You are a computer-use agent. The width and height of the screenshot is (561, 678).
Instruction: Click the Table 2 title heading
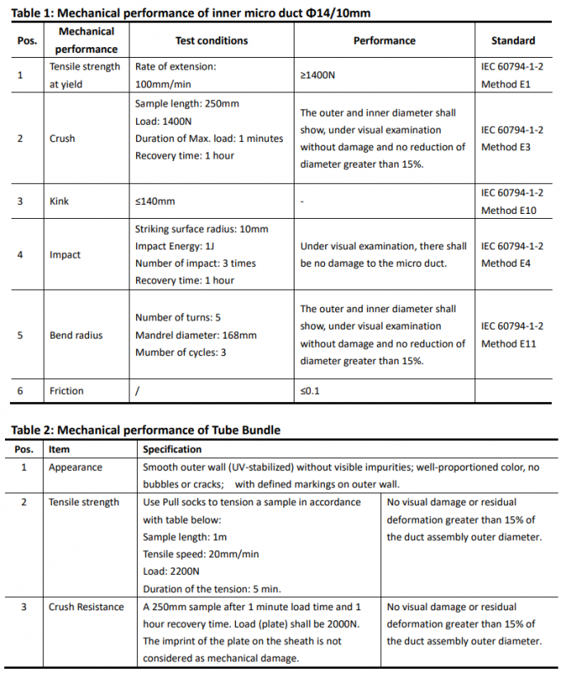click(145, 429)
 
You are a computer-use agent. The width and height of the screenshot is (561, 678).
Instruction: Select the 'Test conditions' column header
click(211, 40)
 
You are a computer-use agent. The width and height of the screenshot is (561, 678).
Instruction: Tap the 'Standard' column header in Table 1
click(512, 40)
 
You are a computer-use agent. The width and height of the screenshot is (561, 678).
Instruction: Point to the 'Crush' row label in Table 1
click(62, 139)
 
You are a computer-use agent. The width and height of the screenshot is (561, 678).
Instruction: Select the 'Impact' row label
click(65, 255)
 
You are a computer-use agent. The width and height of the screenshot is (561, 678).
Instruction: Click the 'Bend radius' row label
click(76, 335)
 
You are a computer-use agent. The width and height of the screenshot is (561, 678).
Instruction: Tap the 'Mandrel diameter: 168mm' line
click(196, 335)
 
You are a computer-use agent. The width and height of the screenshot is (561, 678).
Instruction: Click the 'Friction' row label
click(66, 391)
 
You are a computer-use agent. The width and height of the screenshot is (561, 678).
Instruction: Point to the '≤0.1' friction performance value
click(309, 391)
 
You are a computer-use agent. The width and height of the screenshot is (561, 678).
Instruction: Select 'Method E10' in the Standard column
click(508, 211)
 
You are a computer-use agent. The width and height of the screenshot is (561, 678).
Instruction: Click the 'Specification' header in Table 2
click(172, 449)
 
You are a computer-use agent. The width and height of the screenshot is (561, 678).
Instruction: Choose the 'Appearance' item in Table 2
click(75, 467)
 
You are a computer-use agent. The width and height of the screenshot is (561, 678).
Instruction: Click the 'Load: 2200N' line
click(171, 571)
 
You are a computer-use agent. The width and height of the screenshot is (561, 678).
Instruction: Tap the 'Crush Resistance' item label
click(86, 607)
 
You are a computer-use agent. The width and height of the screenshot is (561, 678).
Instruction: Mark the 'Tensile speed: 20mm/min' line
click(200, 554)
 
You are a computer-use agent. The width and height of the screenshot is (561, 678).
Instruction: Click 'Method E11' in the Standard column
click(508, 344)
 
